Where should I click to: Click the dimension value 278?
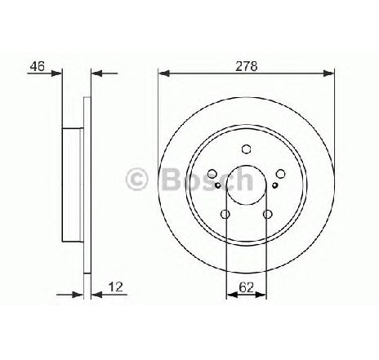246,66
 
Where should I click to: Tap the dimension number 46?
38,66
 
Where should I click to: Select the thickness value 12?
116,287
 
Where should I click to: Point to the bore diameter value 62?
246,287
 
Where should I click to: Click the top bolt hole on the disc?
246,149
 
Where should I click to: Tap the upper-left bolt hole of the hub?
212,174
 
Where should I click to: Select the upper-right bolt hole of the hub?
280,174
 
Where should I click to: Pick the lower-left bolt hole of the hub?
225,214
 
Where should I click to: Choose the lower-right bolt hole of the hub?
267,214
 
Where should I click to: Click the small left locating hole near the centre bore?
217,185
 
